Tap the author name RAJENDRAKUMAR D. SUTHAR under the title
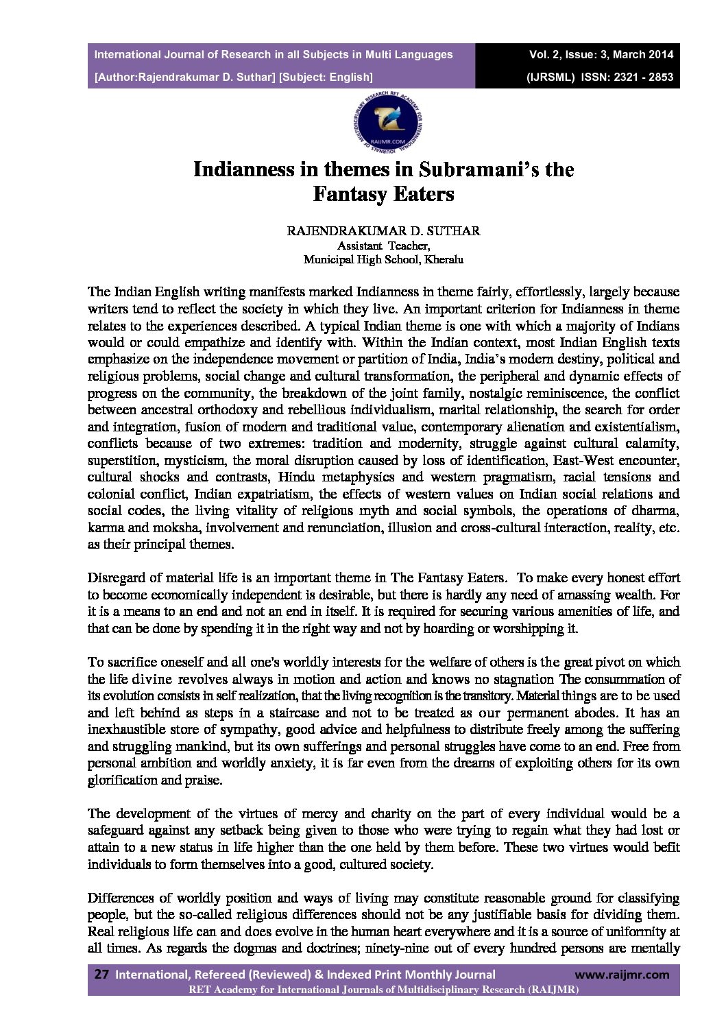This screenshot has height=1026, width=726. pyautogui.click(x=383, y=231)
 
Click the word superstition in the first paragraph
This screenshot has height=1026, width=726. pyautogui.click(x=120, y=460)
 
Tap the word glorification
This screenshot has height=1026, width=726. pyautogui.click(x=121, y=780)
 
